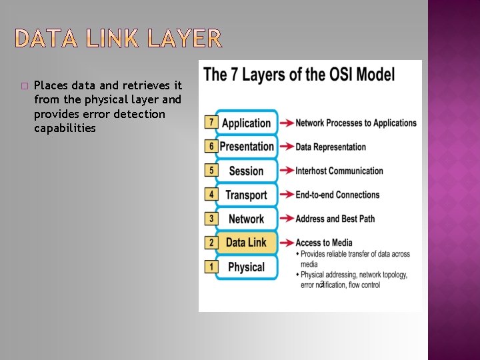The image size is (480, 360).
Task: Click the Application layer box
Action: click(x=246, y=123)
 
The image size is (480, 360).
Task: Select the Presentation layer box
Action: click(x=246, y=147)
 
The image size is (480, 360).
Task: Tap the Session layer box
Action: click(x=246, y=171)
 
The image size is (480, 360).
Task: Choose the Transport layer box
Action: click(x=246, y=195)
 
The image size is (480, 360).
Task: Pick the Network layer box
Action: click(x=246, y=219)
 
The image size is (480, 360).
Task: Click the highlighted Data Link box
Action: click(x=246, y=243)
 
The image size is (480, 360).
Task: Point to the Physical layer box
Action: click(x=246, y=267)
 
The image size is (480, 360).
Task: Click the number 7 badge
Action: click(x=211, y=122)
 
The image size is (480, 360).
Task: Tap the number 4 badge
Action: click(x=211, y=194)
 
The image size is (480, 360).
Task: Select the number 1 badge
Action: click(x=211, y=266)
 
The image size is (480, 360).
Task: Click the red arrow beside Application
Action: click(x=286, y=123)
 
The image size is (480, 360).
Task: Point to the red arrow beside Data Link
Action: click(x=286, y=243)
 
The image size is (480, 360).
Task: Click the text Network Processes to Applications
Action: click(x=356, y=123)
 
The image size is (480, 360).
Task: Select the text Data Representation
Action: click(x=331, y=147)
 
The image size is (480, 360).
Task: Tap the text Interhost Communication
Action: click(x=339, y=171)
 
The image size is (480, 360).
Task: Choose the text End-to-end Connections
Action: click(x=337, y=195)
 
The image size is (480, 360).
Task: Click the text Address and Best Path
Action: click(x=335, y=219)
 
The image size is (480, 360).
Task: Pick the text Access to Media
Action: click(x=324, y=243)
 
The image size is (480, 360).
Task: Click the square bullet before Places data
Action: click(x=24, y=86)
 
